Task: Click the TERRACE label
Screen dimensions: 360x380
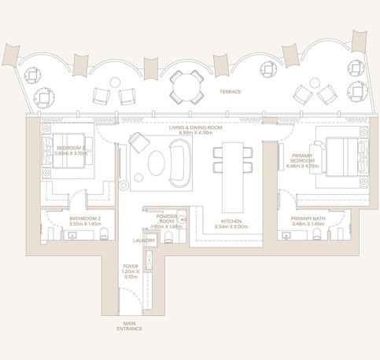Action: coord(231,91)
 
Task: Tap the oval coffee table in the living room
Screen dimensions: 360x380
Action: coord(156,163)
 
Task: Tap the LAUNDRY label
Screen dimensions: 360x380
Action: coord(143,241)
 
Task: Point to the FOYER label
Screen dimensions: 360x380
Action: coord(131,266)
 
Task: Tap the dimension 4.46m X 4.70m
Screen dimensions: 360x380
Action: coord(302,167)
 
